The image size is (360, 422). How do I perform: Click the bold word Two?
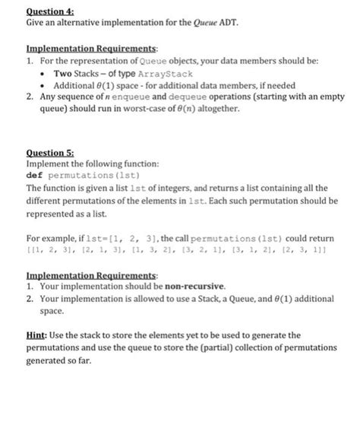(x=63, y=74)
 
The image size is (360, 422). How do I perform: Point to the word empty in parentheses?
(x=332, y=97)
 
